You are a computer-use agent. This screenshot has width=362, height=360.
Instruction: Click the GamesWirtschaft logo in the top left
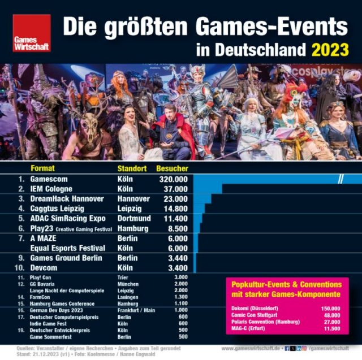coord(32,33)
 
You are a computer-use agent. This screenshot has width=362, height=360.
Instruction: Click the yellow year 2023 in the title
coord(330,50)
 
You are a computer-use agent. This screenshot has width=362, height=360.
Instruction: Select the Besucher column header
coord(172,168)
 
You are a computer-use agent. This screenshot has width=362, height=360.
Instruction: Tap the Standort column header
coord(132,168)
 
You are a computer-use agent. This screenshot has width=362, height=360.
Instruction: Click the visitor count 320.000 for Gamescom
coord(169,179)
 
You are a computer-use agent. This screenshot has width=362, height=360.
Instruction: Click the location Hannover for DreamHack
coord(133,199)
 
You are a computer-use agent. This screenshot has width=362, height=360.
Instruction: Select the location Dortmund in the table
coord(133,219)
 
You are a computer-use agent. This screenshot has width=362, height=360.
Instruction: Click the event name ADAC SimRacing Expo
coord(68,219)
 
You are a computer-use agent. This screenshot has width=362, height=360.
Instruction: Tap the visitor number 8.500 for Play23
coord(175,228)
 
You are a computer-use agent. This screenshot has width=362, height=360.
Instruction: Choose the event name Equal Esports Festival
coord(68,248)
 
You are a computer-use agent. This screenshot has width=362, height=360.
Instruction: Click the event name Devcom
coord(46,267)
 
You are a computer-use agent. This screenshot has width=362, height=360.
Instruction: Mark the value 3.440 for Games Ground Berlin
coord(175,258)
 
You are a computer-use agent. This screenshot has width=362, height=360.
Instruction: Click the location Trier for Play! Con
coord(123,277)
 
